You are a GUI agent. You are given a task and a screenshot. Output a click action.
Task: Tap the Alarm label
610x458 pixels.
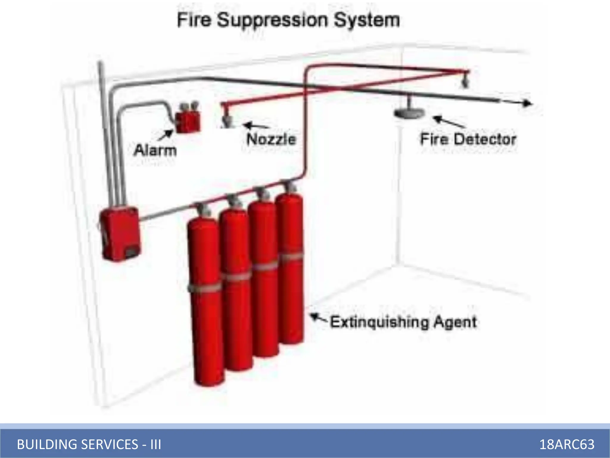click(x=155, y=150)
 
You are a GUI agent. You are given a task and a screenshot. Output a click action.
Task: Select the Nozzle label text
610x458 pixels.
click(x=271, y=139)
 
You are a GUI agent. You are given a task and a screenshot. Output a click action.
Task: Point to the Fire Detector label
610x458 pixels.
click(x=468, y=139)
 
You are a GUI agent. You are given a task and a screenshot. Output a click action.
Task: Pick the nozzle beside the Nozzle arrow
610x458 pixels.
click(x=228, y=121)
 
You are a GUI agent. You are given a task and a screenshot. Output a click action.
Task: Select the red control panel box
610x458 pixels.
click(x=120, y=234)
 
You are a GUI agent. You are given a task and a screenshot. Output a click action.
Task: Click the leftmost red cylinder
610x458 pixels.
click(x=206, y=301)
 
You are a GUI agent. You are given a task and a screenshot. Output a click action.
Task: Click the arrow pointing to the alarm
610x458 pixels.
click(x=165, y=135)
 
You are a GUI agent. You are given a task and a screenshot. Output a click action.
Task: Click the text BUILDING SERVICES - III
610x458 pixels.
click(x=89, y=444)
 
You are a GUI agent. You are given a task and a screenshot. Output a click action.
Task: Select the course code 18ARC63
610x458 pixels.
click(x=567, y=444)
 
